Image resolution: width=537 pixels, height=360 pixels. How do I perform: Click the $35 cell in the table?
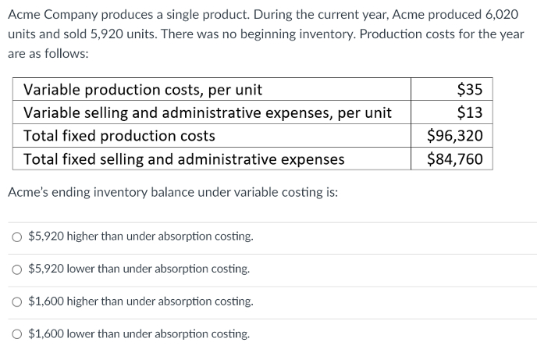[470, 89]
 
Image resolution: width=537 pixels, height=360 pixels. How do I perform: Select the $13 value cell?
[470, 112]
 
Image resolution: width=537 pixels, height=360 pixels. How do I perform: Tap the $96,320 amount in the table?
[455, 136]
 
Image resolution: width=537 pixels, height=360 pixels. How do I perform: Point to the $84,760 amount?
[455, 159]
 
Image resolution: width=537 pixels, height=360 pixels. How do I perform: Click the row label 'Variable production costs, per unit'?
[143, 89]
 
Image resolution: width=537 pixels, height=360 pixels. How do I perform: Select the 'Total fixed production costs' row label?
[119, 136]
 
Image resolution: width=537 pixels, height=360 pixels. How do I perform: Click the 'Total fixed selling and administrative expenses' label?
[183, 159]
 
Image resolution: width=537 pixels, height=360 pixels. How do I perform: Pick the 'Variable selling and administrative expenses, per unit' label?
[208, 112]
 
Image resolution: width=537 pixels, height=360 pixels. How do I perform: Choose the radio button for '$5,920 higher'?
[17, 237]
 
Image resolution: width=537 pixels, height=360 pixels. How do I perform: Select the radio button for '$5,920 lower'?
[17, 269]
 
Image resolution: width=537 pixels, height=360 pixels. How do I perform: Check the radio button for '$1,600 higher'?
[17, 301]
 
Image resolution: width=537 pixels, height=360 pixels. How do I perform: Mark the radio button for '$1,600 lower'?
[17, 334]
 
